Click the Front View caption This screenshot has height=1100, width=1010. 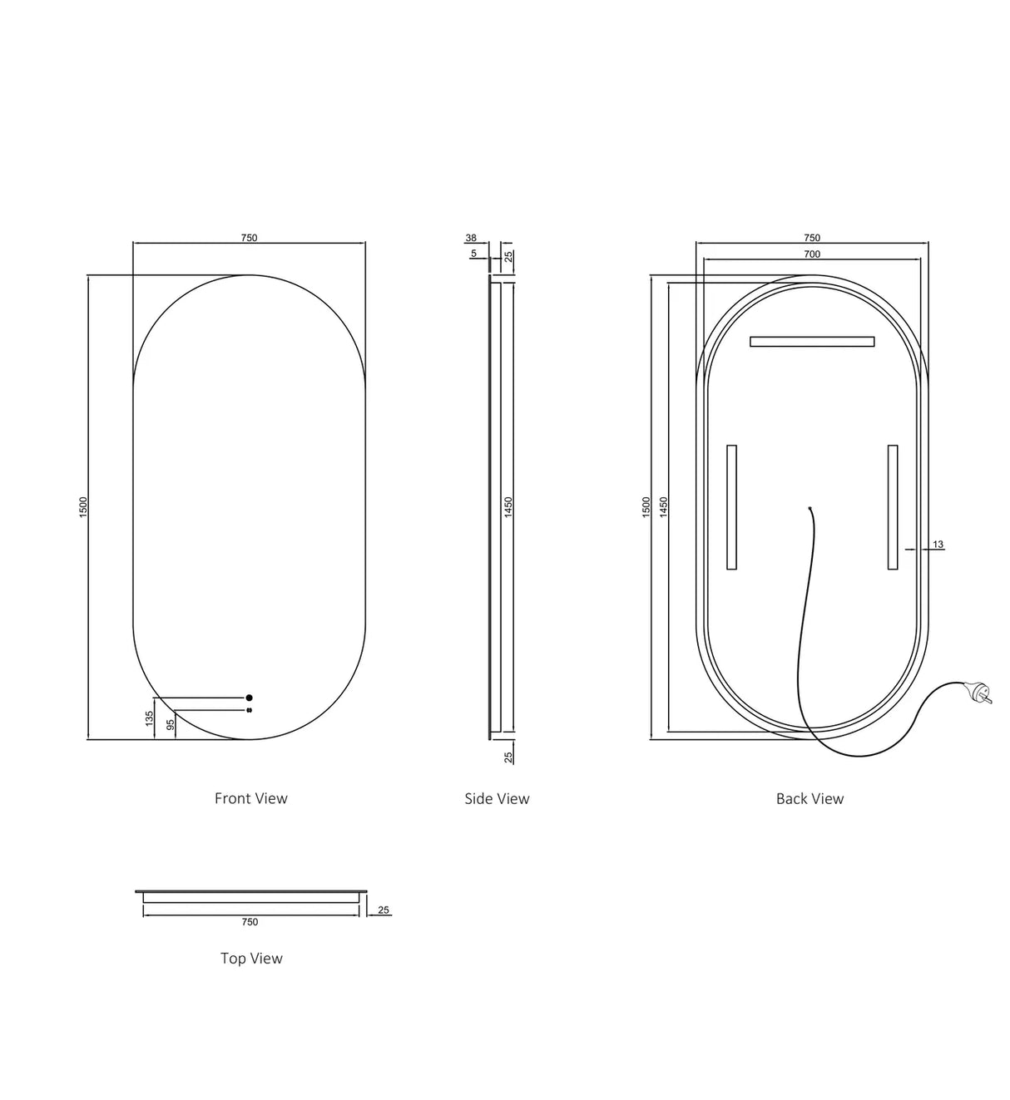tap(250, 798)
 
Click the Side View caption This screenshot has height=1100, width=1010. tap(497, 798)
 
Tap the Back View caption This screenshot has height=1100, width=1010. tap(809, 798)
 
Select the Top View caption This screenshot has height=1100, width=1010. tap(251, 958)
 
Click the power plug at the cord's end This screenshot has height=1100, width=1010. tap(978, 693)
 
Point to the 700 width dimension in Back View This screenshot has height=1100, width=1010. tap(812, 254)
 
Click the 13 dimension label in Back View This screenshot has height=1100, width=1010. tap(938, 545)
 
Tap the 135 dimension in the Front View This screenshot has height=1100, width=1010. tap(150, 718)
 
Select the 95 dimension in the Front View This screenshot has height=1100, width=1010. tap(171, 724)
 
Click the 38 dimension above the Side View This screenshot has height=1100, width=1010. tap(471, 238)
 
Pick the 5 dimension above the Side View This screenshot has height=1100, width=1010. tap(473, 253)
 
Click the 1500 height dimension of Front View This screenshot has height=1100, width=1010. tap(83, 506)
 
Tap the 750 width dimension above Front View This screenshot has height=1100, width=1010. tap(249, 238)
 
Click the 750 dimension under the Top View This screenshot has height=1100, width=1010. tap(250, 921)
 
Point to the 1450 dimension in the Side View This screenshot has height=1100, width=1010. tap(508, 506)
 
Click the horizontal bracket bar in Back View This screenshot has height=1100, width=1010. tap(812, 341)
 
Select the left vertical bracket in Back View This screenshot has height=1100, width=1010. tap(731, 507)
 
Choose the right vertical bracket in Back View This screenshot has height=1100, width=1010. tap(893, 507)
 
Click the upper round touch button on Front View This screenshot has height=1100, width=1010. tap(249, 698)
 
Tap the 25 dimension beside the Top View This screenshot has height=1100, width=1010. tap(384, 910)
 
